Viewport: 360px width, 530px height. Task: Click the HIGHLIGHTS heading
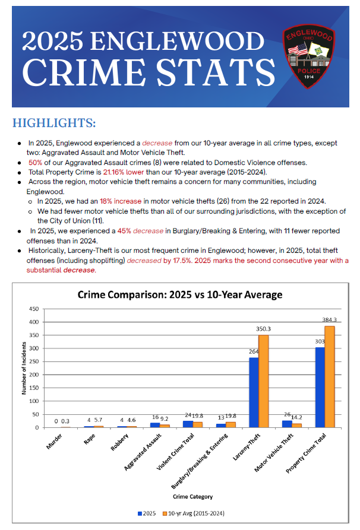pyautogui.click(x=54, y=123)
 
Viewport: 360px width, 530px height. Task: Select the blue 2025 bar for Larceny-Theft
pyautogui.click(x=254, y=392)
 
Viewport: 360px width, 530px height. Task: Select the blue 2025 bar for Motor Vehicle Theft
pyautogui.click(x=287, y=424)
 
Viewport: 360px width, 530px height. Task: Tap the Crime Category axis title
pyautogui.click(x=192, y=496)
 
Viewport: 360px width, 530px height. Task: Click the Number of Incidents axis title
pyautogui.click(x=23, y=369)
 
